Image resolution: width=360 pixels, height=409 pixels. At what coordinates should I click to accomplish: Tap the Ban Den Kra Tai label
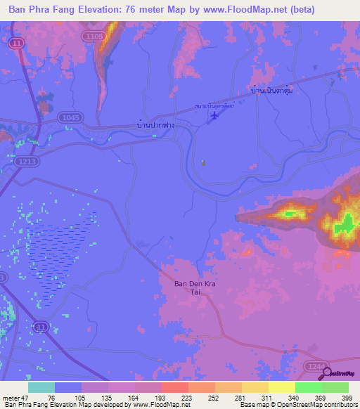[x=191, y=288]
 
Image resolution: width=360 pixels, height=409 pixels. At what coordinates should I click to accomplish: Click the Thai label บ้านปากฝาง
[x=155, y=124]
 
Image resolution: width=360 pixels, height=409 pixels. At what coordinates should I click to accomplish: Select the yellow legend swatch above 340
[x=281, y=387]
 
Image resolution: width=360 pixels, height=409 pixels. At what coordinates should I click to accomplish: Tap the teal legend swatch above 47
[x=41, y=387]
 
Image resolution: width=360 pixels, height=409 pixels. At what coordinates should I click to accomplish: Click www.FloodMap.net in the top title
[x=247, y=9]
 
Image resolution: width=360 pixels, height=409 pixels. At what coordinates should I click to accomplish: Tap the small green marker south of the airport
[x=204, y=162]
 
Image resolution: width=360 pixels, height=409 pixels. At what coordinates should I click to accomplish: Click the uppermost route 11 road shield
[x=15, y=44]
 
